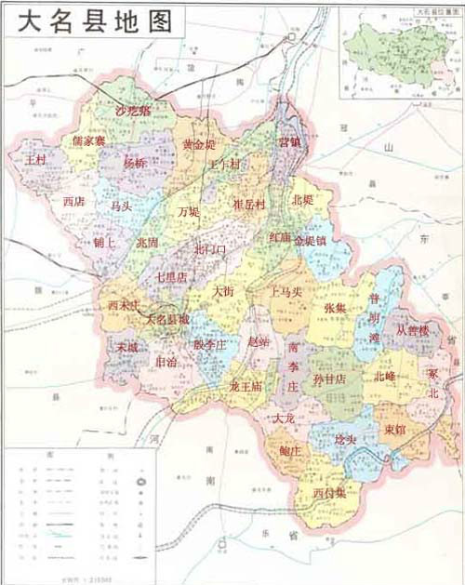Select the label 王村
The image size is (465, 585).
36,160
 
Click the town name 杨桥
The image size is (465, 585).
136,162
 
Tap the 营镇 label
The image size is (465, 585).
290,142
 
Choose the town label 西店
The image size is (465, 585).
73,200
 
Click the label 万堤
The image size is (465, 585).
189,211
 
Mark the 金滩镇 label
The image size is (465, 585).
310,239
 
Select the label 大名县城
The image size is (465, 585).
167,318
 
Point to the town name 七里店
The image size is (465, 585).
170,277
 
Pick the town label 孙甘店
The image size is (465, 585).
328,379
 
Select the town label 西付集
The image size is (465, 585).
329,492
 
